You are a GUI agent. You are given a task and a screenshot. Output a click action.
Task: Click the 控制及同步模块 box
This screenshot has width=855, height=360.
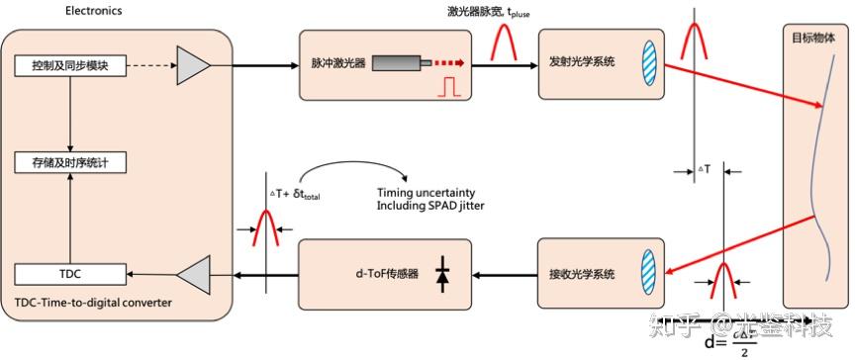pos(69,66)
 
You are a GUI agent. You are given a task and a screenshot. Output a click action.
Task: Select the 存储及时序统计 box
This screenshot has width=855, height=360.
pos(69,161)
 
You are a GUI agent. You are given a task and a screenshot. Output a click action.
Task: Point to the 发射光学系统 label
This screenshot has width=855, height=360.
pos(582,61)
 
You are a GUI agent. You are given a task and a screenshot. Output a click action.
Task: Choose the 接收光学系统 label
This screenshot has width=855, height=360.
pos(582,273)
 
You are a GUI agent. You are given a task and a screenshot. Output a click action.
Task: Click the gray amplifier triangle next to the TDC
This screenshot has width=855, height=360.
pos(194,274)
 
